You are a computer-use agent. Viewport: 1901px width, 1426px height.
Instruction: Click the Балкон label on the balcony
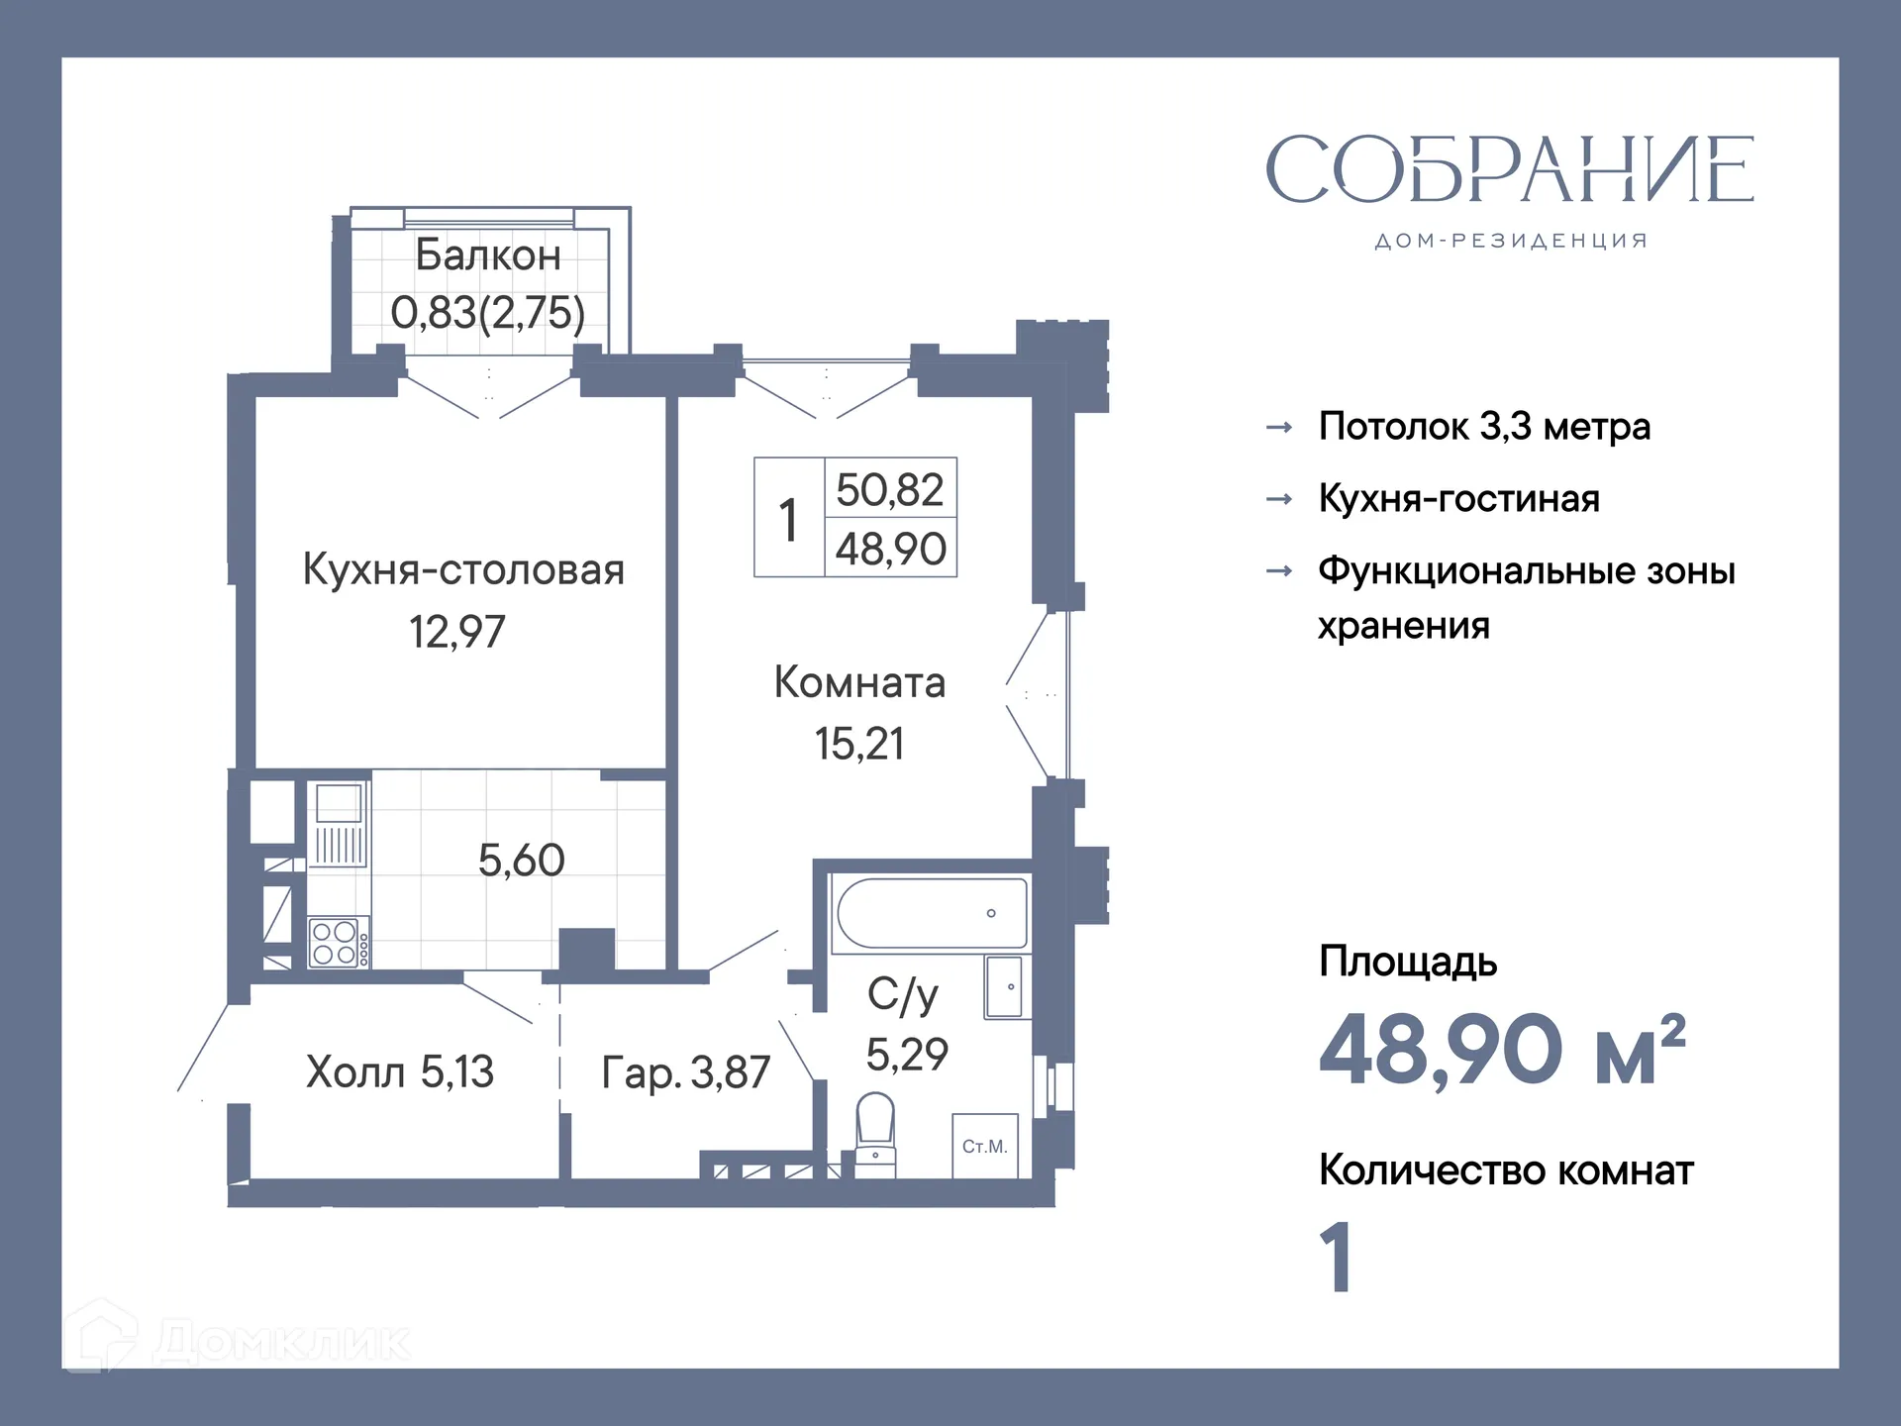point(487,255)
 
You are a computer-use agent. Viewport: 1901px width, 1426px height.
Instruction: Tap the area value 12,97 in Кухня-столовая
point(456,632)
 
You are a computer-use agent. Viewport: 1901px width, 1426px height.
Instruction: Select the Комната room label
point(859,683)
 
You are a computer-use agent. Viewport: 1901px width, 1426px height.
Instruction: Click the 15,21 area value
point(859,744)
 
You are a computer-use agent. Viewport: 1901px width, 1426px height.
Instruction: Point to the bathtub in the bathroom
point(931,913)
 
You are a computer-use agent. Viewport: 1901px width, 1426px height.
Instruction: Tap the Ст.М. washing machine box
point(984,1146)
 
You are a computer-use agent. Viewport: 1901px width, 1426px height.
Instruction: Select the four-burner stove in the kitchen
point(335,943)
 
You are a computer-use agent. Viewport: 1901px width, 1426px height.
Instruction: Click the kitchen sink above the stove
point(339,803)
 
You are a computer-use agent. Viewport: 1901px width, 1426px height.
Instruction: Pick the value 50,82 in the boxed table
point(890,490)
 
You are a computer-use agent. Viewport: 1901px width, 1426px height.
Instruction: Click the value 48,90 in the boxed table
point(890,550)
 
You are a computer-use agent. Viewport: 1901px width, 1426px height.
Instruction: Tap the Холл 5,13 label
point(399,1071)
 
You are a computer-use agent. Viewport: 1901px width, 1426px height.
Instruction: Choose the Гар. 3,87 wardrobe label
point(685,1072)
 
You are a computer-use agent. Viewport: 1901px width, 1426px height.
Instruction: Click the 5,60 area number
point(521,860)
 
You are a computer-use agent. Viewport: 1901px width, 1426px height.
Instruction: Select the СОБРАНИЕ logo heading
point(1509,170)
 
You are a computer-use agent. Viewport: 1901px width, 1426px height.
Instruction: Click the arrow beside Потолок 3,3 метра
point(1279,428)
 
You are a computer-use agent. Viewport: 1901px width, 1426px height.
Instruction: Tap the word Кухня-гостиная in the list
point(1458,498)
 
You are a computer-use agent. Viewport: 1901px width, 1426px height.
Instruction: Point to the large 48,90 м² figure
point(1501,1050)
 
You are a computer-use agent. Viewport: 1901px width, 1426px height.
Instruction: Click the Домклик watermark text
point(281,1342)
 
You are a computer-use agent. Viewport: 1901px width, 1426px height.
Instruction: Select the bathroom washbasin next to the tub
point(1007,987)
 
